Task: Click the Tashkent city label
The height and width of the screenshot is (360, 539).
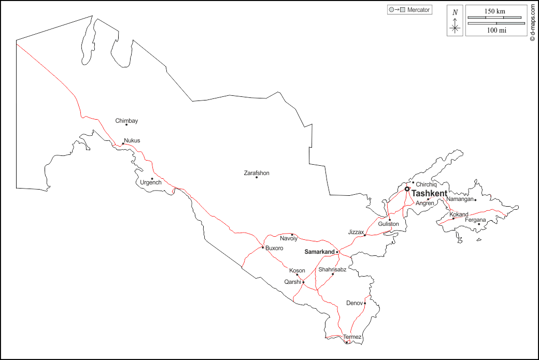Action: (x=429, y=193)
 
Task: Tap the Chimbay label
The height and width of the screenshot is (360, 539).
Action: (x=126, y=121)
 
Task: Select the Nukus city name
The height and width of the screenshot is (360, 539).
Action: (x=132, y=140)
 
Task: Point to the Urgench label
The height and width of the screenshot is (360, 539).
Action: (x=151, y=182)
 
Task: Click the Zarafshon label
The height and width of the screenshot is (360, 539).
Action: (x=257, y=173)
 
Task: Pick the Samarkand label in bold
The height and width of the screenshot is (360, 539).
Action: (x=319, y=252)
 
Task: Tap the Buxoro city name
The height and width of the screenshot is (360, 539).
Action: (x=274, y=248)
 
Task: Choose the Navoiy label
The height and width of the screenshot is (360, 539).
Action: (x=289, y=239)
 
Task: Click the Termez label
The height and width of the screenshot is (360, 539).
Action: (x=352, y=337)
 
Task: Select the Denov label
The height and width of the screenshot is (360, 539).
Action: (x=354, y=303)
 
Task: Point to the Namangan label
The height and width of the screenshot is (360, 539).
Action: (x=460, y=199)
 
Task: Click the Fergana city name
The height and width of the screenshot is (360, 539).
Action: (x=475, y=220)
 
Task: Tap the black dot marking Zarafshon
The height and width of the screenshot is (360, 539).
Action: (x=257, y=178)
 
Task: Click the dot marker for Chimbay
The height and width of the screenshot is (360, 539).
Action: (x=126, y=125)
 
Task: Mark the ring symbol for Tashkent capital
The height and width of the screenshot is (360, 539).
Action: (x=407, y=189)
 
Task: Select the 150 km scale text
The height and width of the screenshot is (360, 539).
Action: (x=495, y=11)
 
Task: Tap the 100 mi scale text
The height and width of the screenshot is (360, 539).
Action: (x=496, y=30)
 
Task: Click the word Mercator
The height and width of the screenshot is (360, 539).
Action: (x=419, y=10)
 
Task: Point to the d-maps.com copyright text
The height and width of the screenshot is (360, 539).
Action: (x=532, y=23)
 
